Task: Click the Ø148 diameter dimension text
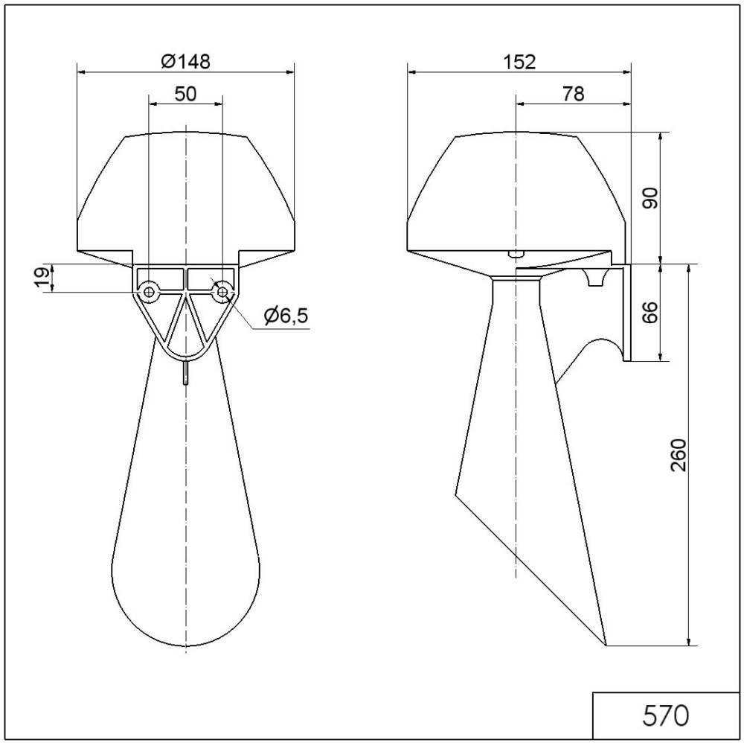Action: point(185,61)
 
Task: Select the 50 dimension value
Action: point(185,94)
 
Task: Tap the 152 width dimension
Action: point(519,62)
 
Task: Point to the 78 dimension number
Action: point(573,94)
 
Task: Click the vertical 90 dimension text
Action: point(650,198)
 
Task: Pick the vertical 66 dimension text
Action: point(650,312)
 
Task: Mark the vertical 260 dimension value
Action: point(679,455)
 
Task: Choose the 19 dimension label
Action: point(42,278)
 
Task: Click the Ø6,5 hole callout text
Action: point(286,315)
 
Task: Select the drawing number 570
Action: point(665,715)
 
